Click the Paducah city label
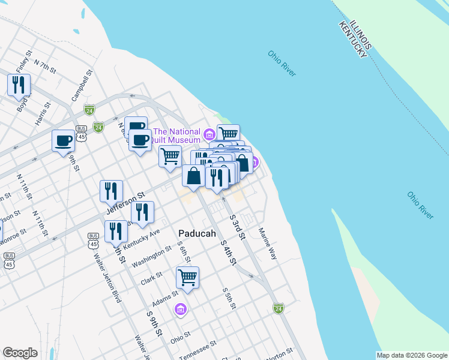[x=197, y=233]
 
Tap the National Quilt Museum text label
[x=176, y=136]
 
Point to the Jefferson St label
[x=126, y=203]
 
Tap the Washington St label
[x=148, y=259]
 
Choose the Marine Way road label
[x=268, y=243]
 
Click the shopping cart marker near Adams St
[x=187, y=278]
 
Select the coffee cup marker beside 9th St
[x=63, y=141]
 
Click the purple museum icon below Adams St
[x=180, y=310]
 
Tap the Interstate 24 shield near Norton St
[x=278, y=308]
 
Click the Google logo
[x=20, y=353]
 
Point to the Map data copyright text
[x=411, y=355]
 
